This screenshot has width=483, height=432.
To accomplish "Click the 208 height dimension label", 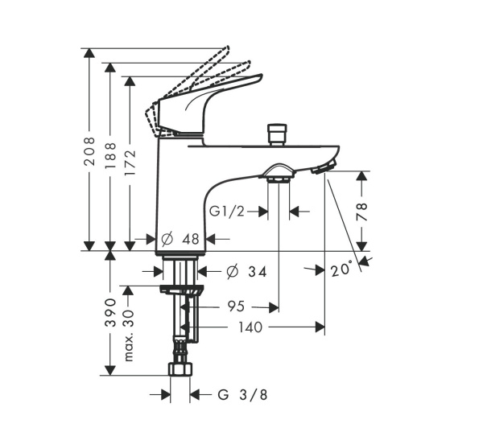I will (90, 148).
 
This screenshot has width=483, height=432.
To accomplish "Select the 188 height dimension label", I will (110, 153).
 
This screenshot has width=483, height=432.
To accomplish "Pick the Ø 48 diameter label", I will (180, 239).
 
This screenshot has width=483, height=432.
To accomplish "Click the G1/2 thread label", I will (227, 212).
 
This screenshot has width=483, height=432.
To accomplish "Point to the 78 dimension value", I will (362, 211).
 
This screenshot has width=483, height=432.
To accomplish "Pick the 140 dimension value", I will (250, 327).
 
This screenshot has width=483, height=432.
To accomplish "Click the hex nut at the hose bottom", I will (180, 371).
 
